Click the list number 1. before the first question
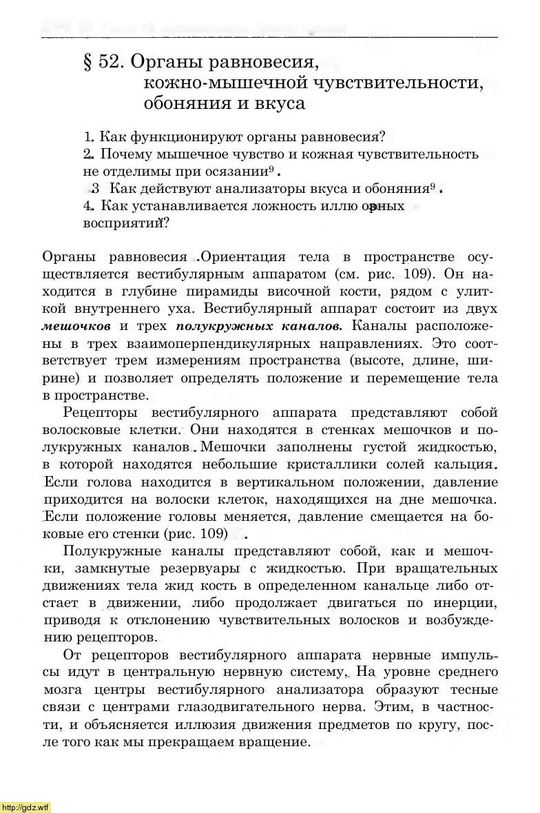[x=88, y=136]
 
